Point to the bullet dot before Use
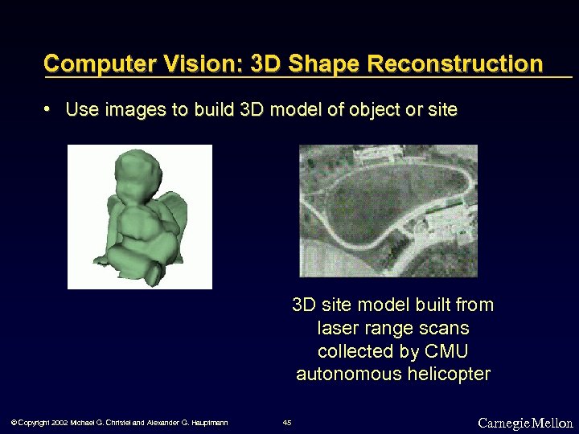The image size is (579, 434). (x=49, y=108)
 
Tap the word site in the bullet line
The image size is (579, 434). (x=443, y=109)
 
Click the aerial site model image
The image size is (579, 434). (x=388, y=211)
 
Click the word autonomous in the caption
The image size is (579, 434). (x=342, y=374)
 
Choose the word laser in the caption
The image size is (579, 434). (x=337, y=328)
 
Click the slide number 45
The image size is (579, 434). (x=288, y=423)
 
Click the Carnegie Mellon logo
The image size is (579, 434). (x=525, y=423)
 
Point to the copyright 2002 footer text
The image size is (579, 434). (x=119, y=423)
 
